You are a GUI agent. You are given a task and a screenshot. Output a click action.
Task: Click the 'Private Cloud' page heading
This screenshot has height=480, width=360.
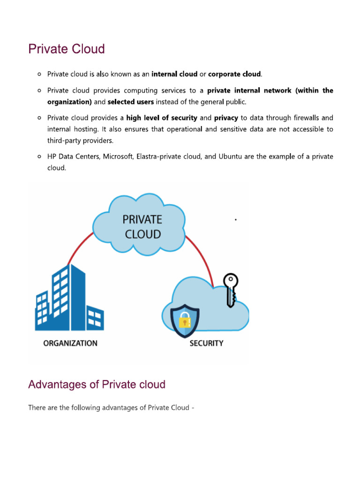67,49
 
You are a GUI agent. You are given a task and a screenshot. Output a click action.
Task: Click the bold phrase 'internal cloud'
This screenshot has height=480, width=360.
174,74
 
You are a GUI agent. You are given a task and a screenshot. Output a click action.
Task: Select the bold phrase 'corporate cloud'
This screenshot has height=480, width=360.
234,74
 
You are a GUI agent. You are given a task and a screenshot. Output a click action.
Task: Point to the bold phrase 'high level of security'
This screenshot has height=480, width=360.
162,118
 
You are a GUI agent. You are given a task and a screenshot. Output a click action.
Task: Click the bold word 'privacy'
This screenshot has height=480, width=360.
226,118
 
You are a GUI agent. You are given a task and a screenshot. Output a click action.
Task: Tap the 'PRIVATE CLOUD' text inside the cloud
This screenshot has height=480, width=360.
143,226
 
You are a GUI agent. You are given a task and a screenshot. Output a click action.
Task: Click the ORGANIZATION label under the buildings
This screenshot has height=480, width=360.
70,343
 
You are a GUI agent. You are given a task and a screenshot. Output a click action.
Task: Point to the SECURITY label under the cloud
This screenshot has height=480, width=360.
206,343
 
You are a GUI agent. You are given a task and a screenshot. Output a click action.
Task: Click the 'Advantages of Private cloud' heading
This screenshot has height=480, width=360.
97,385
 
